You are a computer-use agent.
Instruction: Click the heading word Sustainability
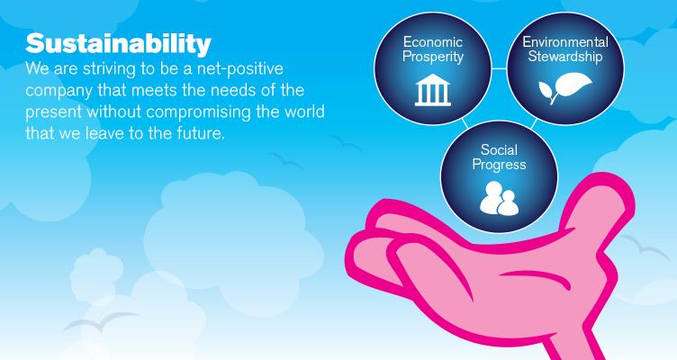pos(118,44)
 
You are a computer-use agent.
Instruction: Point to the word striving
pos(109,69)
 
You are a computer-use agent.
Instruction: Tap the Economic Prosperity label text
pos(433,49)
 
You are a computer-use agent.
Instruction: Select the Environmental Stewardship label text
pos(565,49)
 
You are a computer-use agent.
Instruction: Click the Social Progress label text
pos(499,157)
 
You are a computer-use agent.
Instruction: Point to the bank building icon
pos(433,90)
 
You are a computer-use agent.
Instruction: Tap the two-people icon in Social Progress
pos(499,198)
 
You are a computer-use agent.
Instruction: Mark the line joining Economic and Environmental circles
pos(499,68)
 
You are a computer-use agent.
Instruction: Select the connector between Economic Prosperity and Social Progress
pos(465,124)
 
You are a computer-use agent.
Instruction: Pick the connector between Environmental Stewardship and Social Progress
pos(534,124)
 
